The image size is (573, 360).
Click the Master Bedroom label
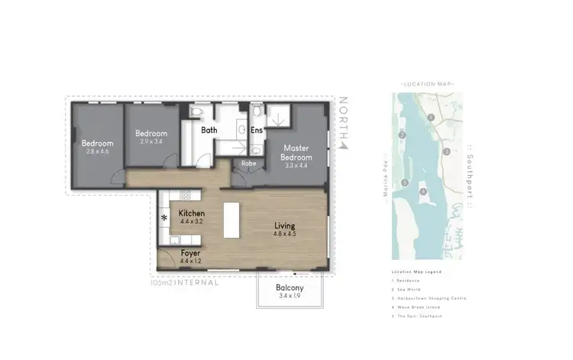click(x=295, y=152)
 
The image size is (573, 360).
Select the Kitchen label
click(x=190, y=213)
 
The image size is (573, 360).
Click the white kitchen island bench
click(x=230, y=220)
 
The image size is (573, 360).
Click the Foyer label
click(x=190, y=251)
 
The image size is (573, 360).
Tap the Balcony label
click(x=290, y=288)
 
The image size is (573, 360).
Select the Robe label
click(x=248, y=163)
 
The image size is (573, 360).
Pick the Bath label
click(x=209, y=131)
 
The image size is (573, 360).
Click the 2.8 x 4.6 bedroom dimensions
click(x=98, y=151)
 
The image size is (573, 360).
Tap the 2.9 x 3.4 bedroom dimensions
click(x=151, y=141)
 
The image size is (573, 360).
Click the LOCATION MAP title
click(x=427, y=83)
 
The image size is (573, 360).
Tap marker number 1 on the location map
click(x=432, y=117)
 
